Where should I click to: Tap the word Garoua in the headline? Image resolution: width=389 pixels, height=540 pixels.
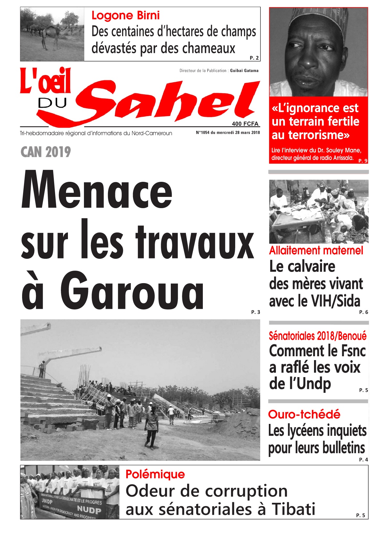(132, 291)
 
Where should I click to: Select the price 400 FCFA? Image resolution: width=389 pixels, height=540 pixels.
(245, 124)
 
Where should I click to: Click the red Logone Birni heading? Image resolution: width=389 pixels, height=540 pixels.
(125, 15)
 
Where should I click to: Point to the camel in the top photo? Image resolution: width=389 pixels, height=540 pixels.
(51, 35)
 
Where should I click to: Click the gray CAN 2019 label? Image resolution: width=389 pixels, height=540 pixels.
(46, 152)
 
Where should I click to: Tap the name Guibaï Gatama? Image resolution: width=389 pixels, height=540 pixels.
(244, 71)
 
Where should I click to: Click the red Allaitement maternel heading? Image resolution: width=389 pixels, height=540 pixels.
(316, 250)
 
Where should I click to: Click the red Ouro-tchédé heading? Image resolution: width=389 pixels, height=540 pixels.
(304, 414)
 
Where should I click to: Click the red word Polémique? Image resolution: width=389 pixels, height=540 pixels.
(155, 474)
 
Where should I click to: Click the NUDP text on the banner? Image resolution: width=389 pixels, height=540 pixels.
(89, 509)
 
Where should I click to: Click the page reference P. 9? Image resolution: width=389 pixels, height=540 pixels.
(363, 161)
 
